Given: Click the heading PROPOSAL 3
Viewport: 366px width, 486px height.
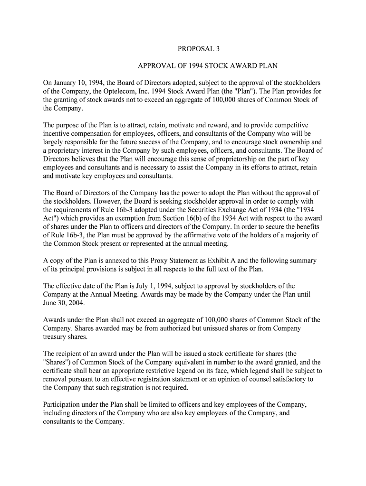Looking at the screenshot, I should [x=199, y=48].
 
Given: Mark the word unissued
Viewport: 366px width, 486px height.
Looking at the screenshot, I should [x=190, y=328].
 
